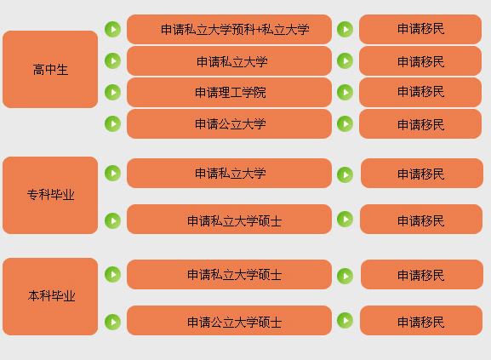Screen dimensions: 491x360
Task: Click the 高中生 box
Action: (x=50, y=69)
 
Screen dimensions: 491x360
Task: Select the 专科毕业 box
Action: (x=50, y=195)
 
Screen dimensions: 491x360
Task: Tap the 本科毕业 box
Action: (x=50, y=296)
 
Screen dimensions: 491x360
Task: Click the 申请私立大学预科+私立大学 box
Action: (x=229, y=29)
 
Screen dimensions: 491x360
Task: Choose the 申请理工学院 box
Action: (x=229, y=93)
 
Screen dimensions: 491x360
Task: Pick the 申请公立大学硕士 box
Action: (x=229, y=320)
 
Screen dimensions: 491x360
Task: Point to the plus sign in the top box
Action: (x=259, y=30)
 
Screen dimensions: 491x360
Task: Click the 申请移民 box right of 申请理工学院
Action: (x=420, y=93)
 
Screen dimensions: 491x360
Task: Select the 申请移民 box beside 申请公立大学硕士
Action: (x=421, y=320)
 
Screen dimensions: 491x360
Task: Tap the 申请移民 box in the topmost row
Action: (x=420, y=29)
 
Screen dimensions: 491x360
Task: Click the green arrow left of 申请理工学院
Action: (x=112, y=93)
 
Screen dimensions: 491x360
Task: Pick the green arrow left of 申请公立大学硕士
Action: (x=112, y=322)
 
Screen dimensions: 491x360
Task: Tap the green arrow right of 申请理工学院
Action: (x=345, y=93)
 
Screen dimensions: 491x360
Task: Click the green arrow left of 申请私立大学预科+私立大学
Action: (x=112, y=30)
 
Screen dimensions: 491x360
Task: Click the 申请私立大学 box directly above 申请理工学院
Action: (x=229, y=60)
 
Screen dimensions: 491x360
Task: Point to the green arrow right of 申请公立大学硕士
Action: (x=345, y=320)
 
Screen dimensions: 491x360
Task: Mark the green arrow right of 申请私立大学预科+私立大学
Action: (x=345, y=30)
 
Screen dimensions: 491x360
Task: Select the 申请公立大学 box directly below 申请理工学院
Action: (x=229, y=123)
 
